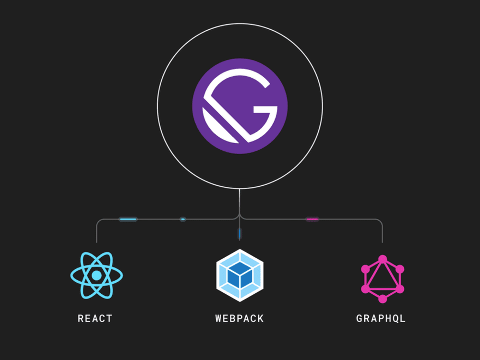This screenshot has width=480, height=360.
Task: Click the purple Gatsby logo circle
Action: (x=240, y=106)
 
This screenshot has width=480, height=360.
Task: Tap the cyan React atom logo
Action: (x=96, y=275)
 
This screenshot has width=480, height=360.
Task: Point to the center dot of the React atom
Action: (x=96, y=276)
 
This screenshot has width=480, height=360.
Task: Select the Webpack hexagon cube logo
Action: (x=240, y=275)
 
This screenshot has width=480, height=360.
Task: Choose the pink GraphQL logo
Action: (x=383, y=279)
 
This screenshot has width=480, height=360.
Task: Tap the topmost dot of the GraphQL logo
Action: (x=383, y=259)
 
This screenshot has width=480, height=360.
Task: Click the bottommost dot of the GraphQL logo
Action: (x=383, y=299)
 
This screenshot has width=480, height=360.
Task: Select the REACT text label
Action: (x=95, y=318)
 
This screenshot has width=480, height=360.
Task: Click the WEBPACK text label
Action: (x=240, y=318)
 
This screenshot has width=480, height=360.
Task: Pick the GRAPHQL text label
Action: (x=381, y=318)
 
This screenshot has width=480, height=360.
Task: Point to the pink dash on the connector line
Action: (x=312, y=219)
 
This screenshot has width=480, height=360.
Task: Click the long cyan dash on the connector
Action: (x=128, y=219)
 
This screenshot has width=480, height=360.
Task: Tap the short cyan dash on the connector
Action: (x=183, y=219)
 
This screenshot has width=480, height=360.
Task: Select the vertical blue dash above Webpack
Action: (x=240, y=234)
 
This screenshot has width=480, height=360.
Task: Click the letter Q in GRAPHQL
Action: (x=394, y=319)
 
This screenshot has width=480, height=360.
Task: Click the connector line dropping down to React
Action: (x=96, y=232)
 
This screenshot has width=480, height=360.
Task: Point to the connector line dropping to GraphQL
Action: (x=383, y=232)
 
